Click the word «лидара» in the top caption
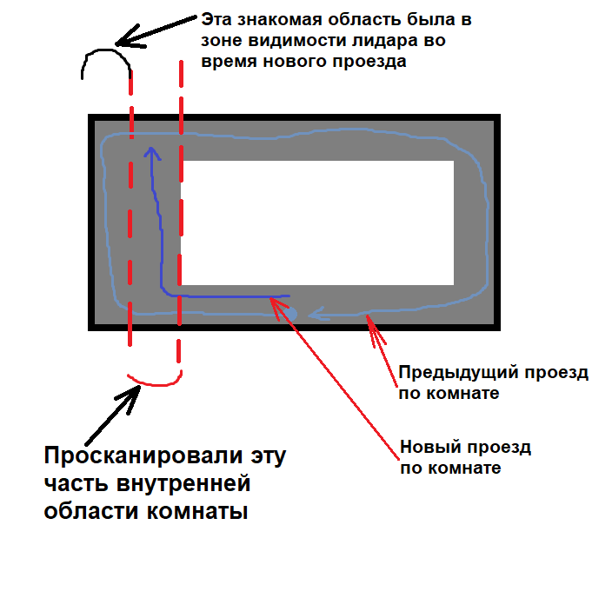point(386,41)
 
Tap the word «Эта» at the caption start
point(216,19)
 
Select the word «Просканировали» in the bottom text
point(143,455)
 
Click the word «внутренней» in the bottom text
point(183,484)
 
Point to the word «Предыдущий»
point(458,373)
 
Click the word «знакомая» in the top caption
point(280,19)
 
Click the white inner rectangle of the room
point(317,223)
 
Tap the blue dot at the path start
point(290,315)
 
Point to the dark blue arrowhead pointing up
point(152,153)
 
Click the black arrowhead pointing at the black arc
point(129,38)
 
